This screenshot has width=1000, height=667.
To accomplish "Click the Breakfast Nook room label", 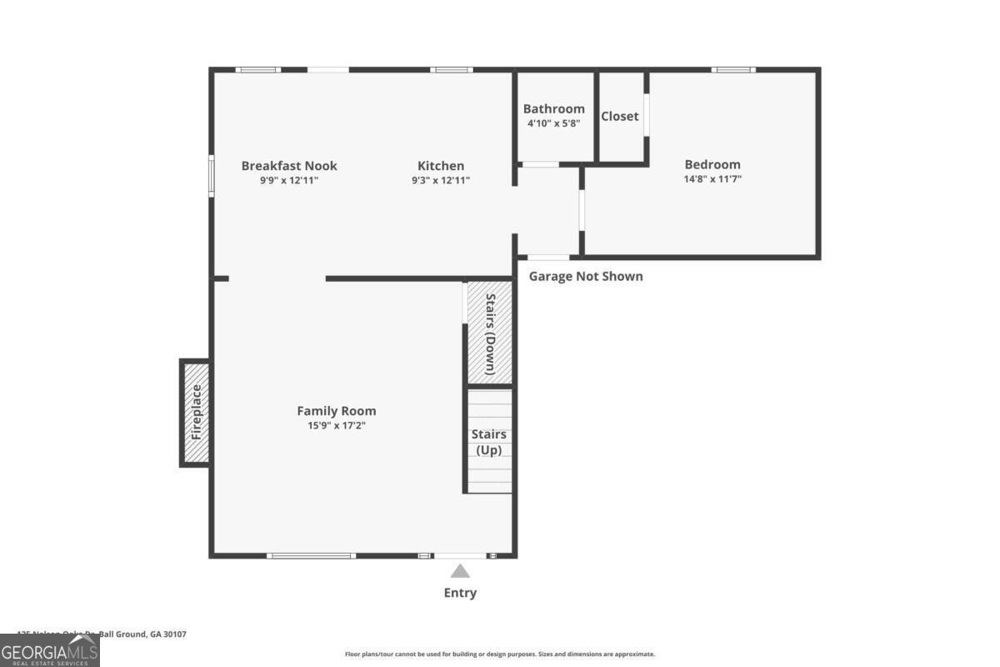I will (x=289, y=166).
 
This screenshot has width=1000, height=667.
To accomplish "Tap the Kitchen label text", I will (x=441, y=166).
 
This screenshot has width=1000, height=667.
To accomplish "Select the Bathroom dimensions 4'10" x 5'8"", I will (x=553, y=123).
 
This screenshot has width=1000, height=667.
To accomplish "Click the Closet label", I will (x=620, y=117).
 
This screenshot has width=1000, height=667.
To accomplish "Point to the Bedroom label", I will (x=712, y=164).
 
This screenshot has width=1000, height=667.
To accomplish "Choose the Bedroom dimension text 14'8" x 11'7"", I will (x=712, y=178).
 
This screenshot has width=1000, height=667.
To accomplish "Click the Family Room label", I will (x=337, y=411).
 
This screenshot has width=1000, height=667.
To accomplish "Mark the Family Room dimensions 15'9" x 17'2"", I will (x=337, y=425).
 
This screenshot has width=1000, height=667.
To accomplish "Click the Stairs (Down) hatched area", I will (x=489, y=333).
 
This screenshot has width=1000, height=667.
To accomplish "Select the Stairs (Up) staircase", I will (x=489, y=442).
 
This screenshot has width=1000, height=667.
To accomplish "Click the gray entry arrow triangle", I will (x=460, y=571).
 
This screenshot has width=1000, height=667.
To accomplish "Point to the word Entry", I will (x=460, y=593).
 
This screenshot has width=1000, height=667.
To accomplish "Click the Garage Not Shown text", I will (x=586, y=276).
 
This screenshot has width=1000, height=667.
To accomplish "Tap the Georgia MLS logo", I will (x=50, y=650).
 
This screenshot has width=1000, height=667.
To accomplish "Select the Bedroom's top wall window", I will (x=733, y=70).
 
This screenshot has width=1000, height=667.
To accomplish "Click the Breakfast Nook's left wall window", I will (x=212, y=176).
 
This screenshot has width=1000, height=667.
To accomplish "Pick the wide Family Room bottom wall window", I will (x=311, y=555).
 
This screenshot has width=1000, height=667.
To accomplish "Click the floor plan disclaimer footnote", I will (x=500, y=654).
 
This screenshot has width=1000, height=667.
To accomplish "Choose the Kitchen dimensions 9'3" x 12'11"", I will (x=441, y=180).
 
